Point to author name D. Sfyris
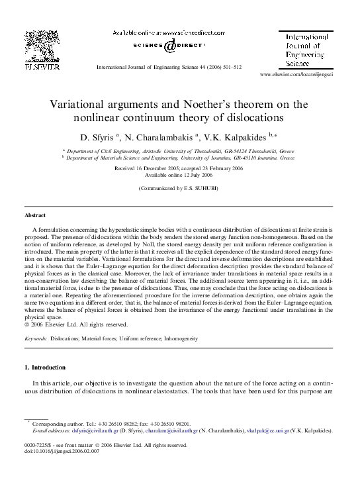pyautogui.click(x=97, y=137)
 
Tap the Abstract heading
pyautogui.click(x=35, y=215)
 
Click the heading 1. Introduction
pyautogui.click(x=45, y=367)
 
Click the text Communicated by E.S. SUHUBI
pyautogui.click(x=179, y=189)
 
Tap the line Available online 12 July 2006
pyautogui.click(x=179, y=175)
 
